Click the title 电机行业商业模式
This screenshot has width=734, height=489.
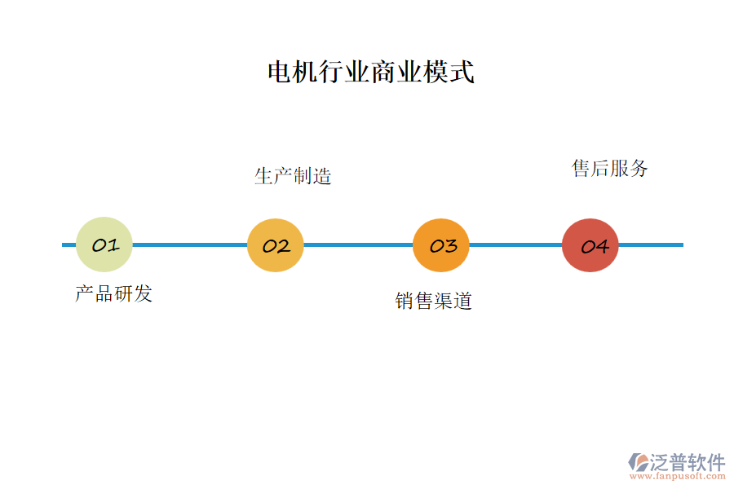371,73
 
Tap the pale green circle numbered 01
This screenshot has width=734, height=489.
104,244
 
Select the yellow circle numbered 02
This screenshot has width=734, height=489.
276,245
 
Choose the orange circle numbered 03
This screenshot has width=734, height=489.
441,245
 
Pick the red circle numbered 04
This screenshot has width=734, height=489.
590,245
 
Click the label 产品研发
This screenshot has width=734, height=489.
114,293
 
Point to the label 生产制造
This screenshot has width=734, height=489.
293,176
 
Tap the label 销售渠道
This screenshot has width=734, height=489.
434,301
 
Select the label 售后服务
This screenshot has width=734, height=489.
610,169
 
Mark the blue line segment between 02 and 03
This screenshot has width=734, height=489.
358,244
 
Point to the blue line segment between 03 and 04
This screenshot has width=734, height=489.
515,244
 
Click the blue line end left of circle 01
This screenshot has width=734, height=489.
69,244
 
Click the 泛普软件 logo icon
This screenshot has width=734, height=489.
639,462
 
